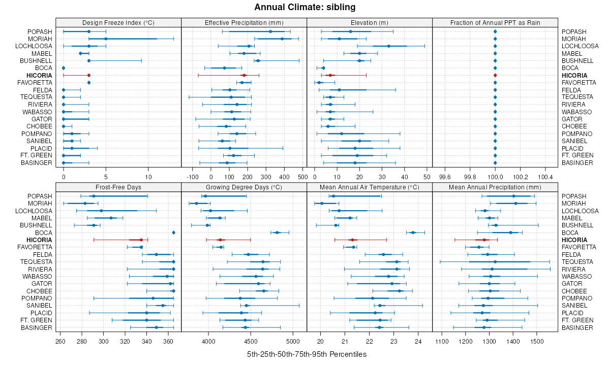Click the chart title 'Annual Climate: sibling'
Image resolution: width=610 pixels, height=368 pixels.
point(305,7)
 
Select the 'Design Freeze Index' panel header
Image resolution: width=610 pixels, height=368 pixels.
point(118,22)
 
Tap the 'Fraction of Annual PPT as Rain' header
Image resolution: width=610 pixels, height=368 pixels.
point(495,22)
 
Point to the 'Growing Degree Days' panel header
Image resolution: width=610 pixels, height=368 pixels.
point(244,187)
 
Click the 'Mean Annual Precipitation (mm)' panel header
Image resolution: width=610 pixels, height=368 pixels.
point(495,187)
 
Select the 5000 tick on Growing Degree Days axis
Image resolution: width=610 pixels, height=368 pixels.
point(293,341)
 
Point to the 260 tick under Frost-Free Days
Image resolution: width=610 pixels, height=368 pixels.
point(60,341)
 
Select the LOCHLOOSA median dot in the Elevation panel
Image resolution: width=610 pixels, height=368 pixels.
point(389,46)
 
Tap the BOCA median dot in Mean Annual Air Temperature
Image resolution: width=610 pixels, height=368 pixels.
point(413,232)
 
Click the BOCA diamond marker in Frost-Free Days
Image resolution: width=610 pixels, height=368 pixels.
point(174,232)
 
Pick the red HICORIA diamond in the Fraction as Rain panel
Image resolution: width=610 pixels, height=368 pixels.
point(495,75)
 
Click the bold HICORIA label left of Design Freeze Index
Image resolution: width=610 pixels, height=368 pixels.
point(40,75)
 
